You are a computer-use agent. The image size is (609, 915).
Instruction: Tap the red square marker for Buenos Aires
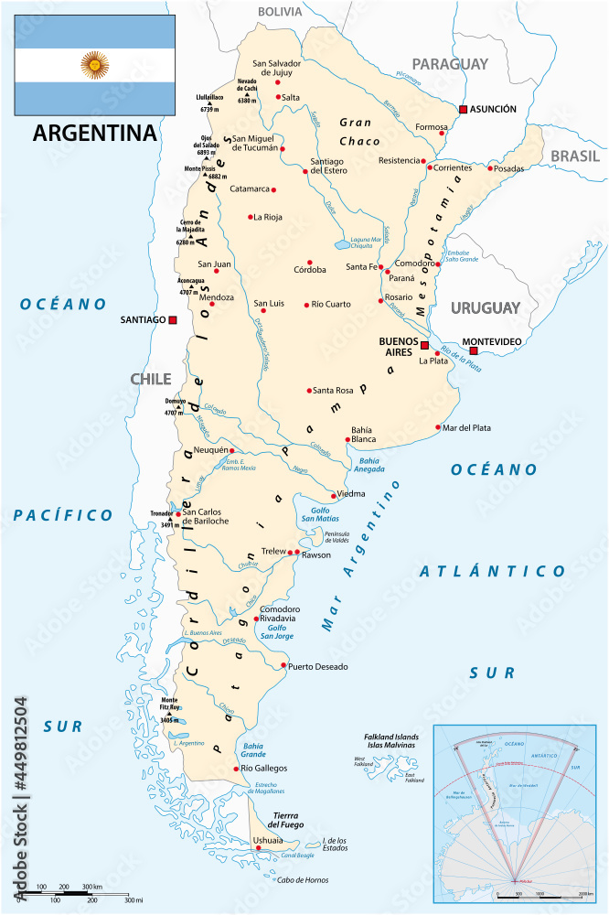424,345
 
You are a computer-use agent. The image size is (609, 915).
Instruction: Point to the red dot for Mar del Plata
438,427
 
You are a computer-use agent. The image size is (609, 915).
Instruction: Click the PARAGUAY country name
450,63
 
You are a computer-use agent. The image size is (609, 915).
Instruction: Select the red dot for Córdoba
310,261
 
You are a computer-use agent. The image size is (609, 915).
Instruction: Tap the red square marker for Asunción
464,109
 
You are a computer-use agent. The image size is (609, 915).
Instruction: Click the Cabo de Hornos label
303,880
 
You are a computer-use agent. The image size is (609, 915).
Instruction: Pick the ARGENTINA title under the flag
94,133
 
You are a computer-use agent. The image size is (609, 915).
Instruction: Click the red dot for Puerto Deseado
283,665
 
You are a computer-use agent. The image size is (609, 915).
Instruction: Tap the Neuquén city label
208,451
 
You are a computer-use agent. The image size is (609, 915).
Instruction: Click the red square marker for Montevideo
473,350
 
